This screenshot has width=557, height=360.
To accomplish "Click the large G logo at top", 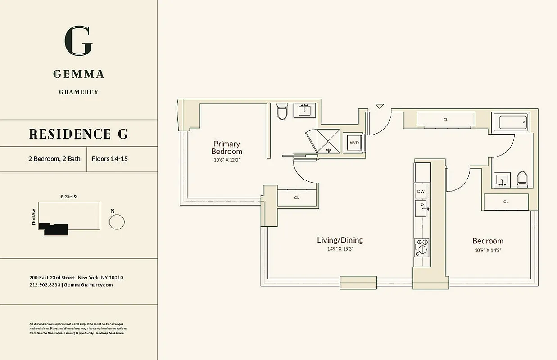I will point(78,41).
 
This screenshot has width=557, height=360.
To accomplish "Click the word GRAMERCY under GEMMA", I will point(78,92).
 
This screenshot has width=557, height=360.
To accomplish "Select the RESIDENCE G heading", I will point(78,134).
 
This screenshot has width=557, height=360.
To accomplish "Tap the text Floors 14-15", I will point(109,159).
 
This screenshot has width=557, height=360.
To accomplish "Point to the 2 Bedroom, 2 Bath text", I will point(54,159).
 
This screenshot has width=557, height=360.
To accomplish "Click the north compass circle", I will point(117,222).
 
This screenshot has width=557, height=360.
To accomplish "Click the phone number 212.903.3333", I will point(45,285).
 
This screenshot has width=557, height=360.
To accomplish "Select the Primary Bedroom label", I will point(226,148).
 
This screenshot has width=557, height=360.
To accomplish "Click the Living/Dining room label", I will point(340,240).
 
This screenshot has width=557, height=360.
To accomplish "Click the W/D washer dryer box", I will point(354,143).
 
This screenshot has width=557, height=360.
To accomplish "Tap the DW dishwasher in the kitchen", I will point(421,191).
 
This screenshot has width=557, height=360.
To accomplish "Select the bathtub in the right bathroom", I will point(510,122).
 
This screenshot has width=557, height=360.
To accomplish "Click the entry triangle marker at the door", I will point(380,107).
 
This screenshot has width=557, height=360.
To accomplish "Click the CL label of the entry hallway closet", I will point(445,120).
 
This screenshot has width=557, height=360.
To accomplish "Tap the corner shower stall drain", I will point(329,151).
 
